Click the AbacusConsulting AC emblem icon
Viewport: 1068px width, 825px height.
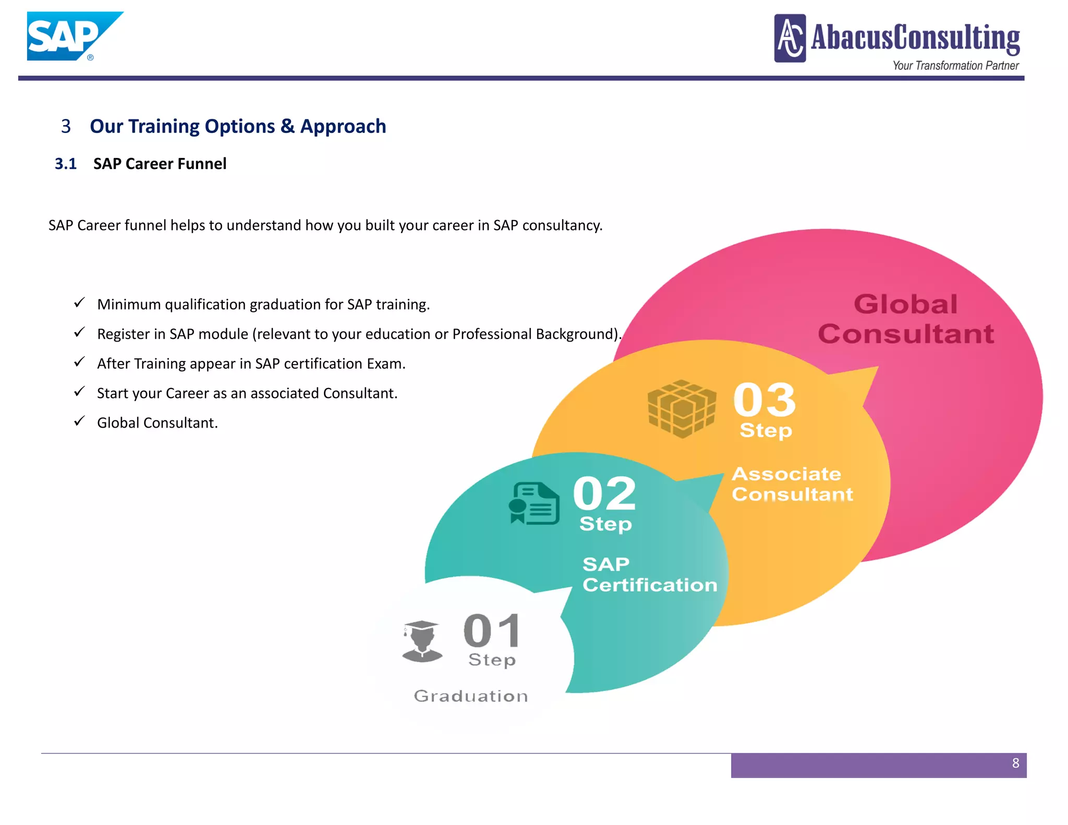click(x=790, y=38)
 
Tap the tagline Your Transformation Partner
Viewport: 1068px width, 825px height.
click(x=955, y=66)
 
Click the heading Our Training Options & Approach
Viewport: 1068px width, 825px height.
click(x=238, y=126)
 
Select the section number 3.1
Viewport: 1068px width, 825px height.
click(x=66, y=164)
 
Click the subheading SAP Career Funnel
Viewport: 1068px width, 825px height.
click(x=160, y=164)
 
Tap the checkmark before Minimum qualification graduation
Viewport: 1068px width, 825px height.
click(x=79, y=303)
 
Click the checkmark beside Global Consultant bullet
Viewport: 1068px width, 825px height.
click(x=79, y=421)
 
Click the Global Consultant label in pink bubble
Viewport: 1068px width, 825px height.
click(x=906, y=319)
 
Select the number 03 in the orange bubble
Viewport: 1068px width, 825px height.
click(x=764, y=399)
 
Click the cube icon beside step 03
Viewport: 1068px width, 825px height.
click(x=682, y=409)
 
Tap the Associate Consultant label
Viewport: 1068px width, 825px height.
click(x=792, y=484)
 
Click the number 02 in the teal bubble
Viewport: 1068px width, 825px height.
click(x=604, y=493)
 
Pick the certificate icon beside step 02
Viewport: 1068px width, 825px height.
click(x=534, y=504)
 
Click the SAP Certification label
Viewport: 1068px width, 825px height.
click(x=649, y=575)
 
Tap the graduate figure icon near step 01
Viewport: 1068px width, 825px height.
click(x=422, y=641)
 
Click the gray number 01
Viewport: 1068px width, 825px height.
click(x=492, y=631)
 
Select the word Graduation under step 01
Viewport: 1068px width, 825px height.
click(x=471, y=696)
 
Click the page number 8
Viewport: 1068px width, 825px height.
click(x=1015, y=763)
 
